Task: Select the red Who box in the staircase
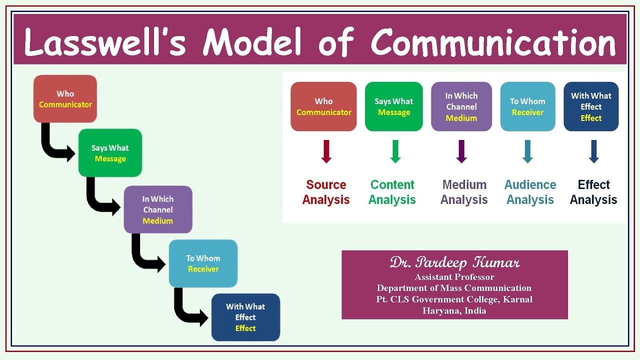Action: point(65,99)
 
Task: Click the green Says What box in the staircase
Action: point(110,153)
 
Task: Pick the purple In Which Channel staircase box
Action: point(158,209)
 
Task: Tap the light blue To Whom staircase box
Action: point(203,263)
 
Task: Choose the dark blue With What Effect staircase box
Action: point(245,317)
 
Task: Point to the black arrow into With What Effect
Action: point(187,310)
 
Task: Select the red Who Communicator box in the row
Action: point(323,106)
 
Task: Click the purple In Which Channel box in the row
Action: point(461,106)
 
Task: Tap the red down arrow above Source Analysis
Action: point(326,151)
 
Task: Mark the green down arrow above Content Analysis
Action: point(395,151)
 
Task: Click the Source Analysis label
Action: point(326,192)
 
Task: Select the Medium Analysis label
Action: point(464,192)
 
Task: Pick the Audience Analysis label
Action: point(530,192)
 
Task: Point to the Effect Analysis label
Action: point(593,192)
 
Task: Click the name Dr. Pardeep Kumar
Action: point(454,263)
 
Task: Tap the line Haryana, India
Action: point(454,310)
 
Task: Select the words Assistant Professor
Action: point(454,276)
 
